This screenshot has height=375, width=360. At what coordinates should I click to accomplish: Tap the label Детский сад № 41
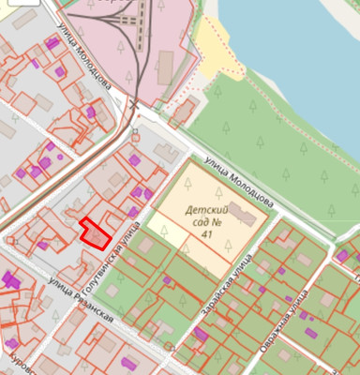coord(208,221)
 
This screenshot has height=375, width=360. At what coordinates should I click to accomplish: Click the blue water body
coord(300,56)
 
